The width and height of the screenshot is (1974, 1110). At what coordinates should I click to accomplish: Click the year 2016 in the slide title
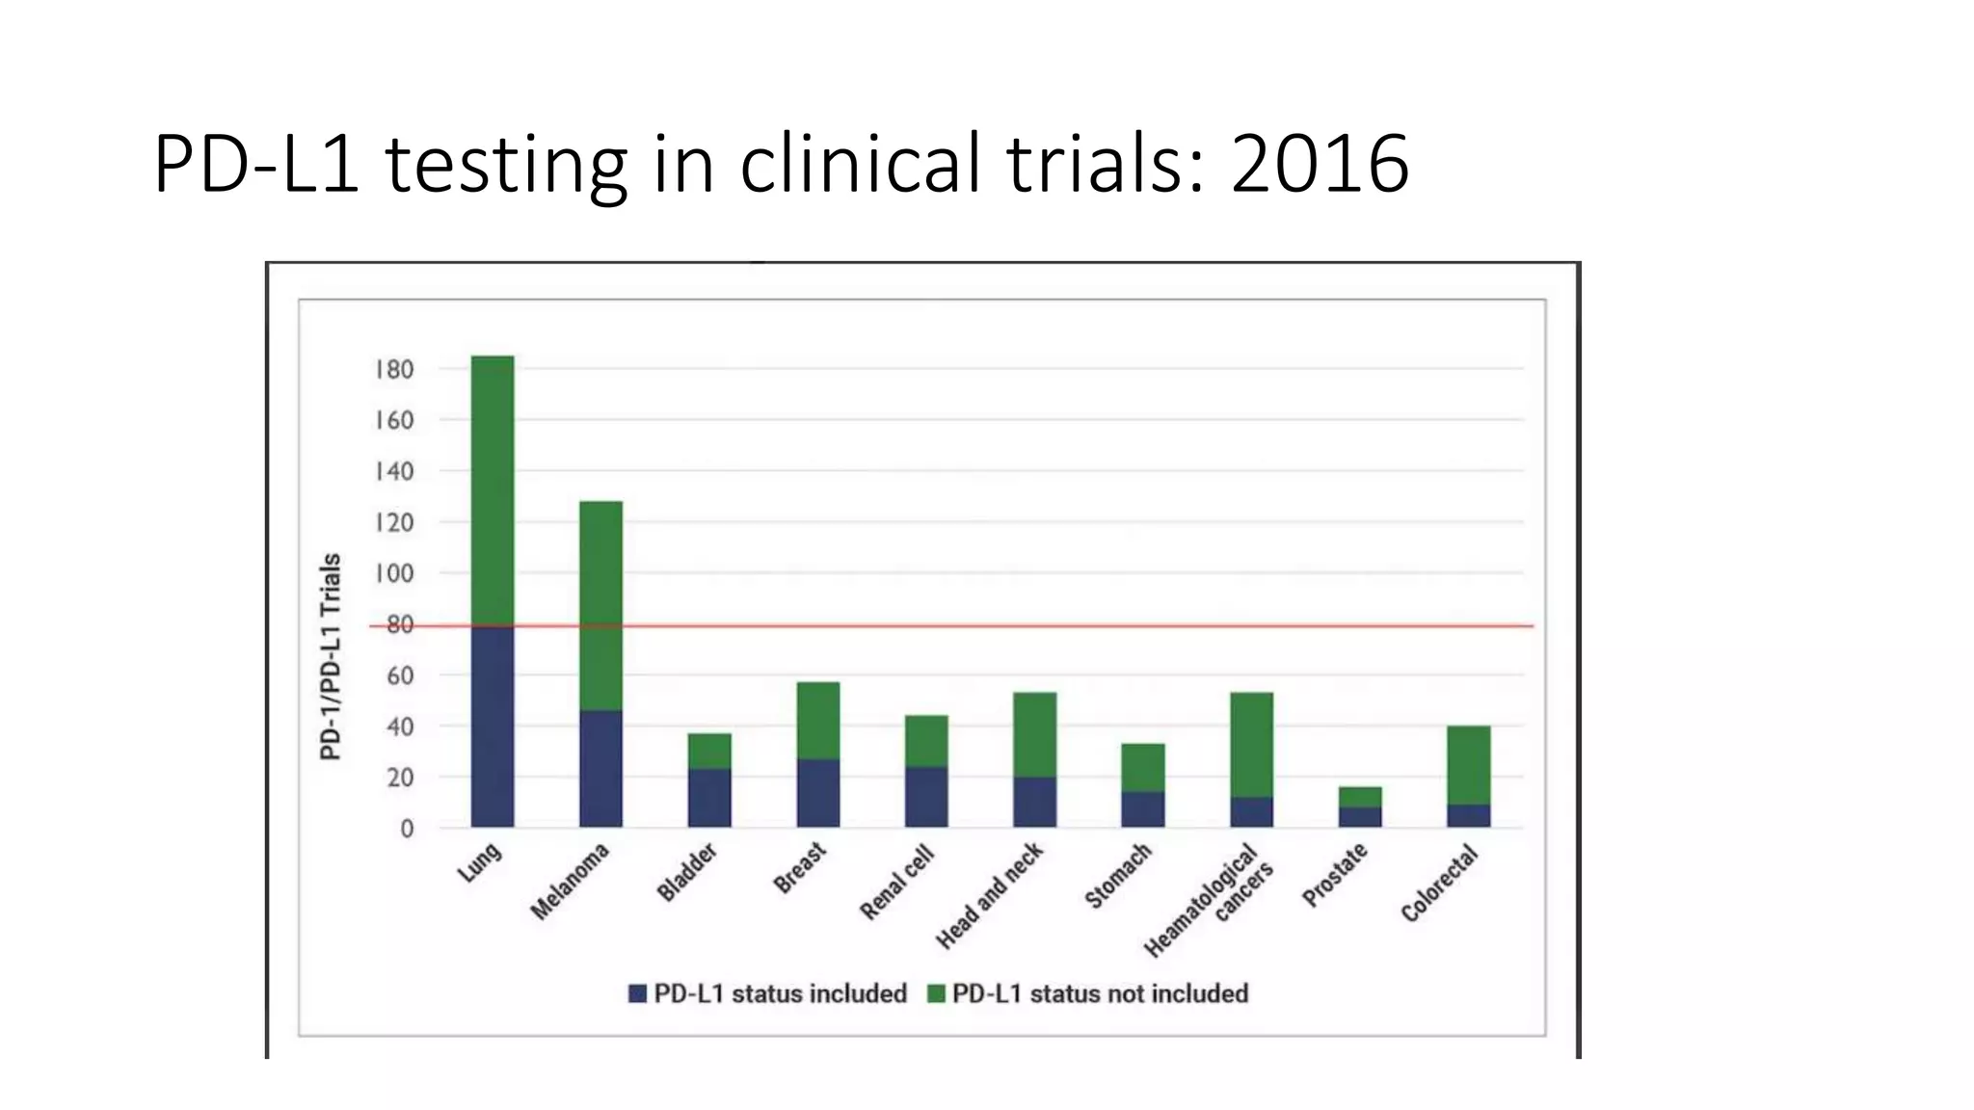pyautogui.click(x=1319, y=164)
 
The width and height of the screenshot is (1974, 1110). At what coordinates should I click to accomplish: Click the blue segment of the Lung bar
pyautogui.click(x=493, y=727)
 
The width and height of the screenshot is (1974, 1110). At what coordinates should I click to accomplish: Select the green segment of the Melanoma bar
pyautogui.click(x=600, y=605)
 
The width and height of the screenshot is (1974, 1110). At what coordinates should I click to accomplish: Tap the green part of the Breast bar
pyautogui.click(x=818, y=721)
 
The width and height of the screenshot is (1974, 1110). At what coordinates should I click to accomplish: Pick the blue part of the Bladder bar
pyautogui.click(x=709, y=798)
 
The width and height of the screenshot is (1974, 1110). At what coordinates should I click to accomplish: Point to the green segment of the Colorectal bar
pyautogui.click(x=1468, y=765)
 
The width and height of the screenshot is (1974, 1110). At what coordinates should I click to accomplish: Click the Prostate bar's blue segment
pyautogui.click(x=1360, y=817)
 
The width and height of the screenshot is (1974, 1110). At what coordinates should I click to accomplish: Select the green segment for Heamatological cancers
pyautogui.click(x=1251, y=744)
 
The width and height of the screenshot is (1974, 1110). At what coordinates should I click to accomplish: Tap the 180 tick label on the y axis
pyautogui.click(x=394, y=370)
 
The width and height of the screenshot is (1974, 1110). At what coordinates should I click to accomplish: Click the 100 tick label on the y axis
pyautogui.click(x=394, y=574)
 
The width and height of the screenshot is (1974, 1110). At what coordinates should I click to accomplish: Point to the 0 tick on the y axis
pyautogui.click(x=407, y=829)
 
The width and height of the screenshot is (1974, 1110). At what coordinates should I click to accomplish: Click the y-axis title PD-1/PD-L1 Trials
pyautogui.click(x=331, y=656)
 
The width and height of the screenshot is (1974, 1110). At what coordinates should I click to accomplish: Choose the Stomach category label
pyautogui.click(x=1118, y=876)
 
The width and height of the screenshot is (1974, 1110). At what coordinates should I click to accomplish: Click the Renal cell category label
pyautogui.click(x=896, y=882)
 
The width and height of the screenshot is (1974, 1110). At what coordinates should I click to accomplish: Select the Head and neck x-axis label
pyautogui.click(x=989, y=896)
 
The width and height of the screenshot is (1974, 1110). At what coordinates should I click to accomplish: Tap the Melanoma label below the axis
pyautogui.click(x=570, y=882)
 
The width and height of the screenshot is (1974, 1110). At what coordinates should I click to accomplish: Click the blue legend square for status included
pyautogui.click(x=637, y=993)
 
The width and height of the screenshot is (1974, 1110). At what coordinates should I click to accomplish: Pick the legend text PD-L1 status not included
pyautogui.click(x=1100, y=993)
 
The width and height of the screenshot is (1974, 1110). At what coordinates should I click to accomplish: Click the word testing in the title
pyautogui.click(x=506, y=164)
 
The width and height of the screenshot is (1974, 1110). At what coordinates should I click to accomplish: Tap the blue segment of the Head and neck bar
pyautogui.click(x=1034, y=802)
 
